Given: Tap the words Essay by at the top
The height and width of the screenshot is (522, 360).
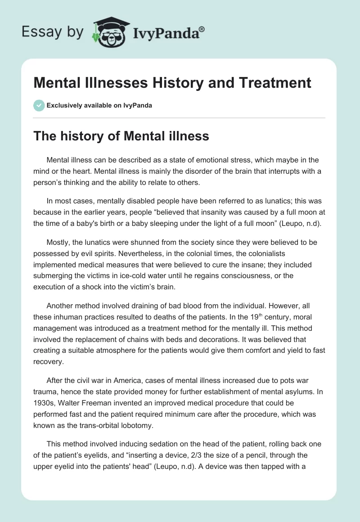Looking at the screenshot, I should pyautogui.click(x=53, y=32).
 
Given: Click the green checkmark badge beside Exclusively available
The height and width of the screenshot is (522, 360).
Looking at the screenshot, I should pyautogui.click(x=39, y=105).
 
